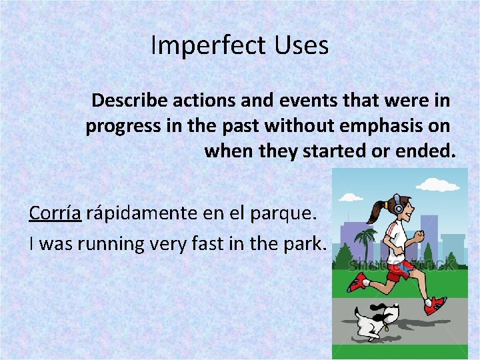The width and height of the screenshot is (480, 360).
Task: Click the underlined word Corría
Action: (x=55, y=213)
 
